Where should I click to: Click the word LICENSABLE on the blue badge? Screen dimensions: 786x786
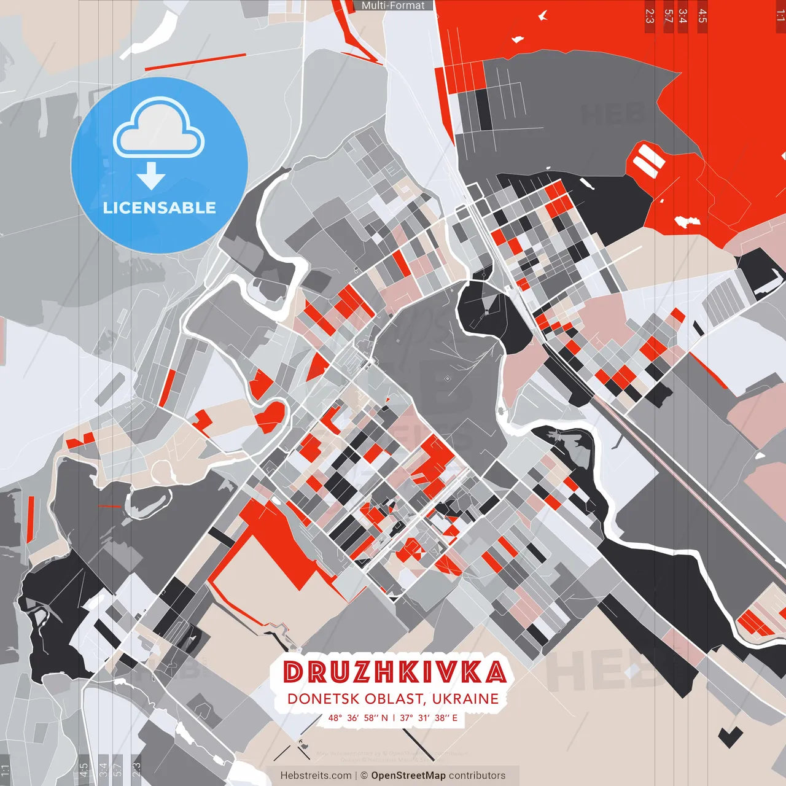click(160, 208)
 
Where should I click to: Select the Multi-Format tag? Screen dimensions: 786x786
click(393, 6)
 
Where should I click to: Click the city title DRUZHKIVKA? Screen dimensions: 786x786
click(395, 672)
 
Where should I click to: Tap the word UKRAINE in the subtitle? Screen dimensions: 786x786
click(465, 699)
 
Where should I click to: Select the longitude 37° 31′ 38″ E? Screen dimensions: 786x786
click(429, 718)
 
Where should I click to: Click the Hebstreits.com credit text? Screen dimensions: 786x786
click(316, 776)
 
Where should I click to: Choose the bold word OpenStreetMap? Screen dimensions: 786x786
click(408, 776)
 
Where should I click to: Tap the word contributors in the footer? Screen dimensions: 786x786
click(477, 776)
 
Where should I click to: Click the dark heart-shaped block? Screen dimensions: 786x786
click(730, 736)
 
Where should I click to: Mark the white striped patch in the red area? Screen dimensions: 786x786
click(648, 160)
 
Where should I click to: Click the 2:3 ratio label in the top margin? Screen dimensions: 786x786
click(650, 16)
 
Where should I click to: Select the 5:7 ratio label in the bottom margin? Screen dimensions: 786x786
click(118, 769)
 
